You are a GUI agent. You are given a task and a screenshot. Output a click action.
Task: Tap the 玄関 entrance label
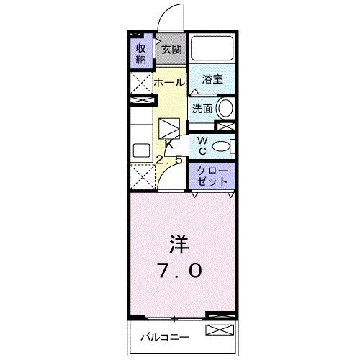point(171,50)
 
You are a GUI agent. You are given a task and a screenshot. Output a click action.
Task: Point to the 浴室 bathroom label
point(212,79)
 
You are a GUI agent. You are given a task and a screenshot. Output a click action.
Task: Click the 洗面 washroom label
point(202,109)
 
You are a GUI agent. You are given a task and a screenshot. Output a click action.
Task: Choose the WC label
point(202,145)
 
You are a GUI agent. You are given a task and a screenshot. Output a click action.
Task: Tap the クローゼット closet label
point(212,176)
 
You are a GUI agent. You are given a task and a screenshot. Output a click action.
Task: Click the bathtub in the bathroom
point(213,48)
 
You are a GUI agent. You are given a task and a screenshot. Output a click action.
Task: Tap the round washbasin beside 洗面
point(225,109)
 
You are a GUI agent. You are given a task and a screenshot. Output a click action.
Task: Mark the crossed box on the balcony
point(220,331)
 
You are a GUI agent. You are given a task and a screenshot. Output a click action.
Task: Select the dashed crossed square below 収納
point(140,82)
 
